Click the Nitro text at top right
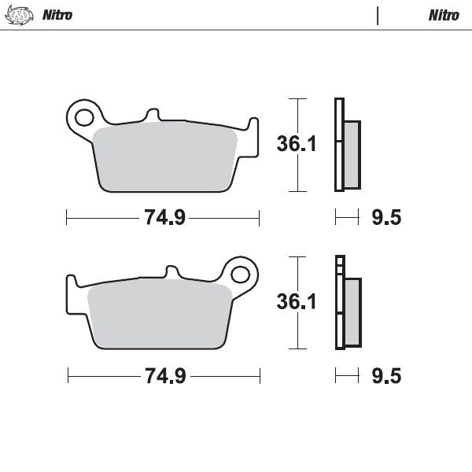444,16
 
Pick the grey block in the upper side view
352,153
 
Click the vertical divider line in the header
378,16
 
